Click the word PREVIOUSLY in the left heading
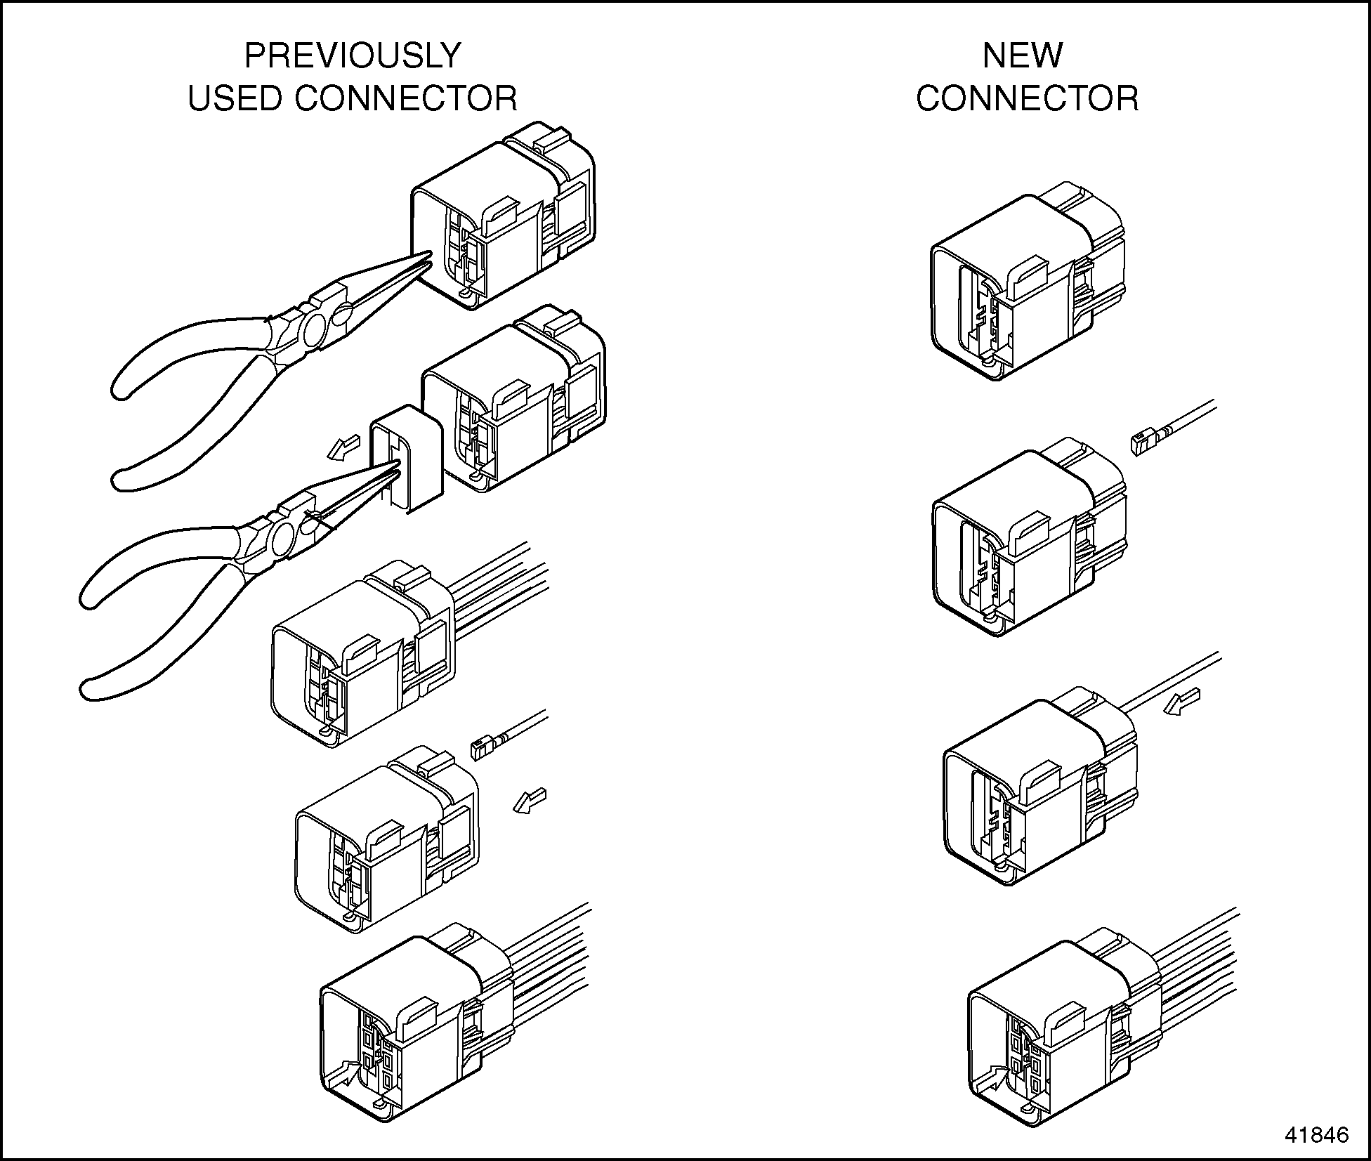[352, 55]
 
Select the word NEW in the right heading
[1022, 55]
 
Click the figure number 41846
[1317, 1134]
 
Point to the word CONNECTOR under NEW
[1027, 98]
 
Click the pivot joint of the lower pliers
[283, 539]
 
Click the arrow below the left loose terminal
[529, 800]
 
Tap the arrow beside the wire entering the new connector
[1182, 702]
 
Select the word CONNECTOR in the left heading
[405, 98]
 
